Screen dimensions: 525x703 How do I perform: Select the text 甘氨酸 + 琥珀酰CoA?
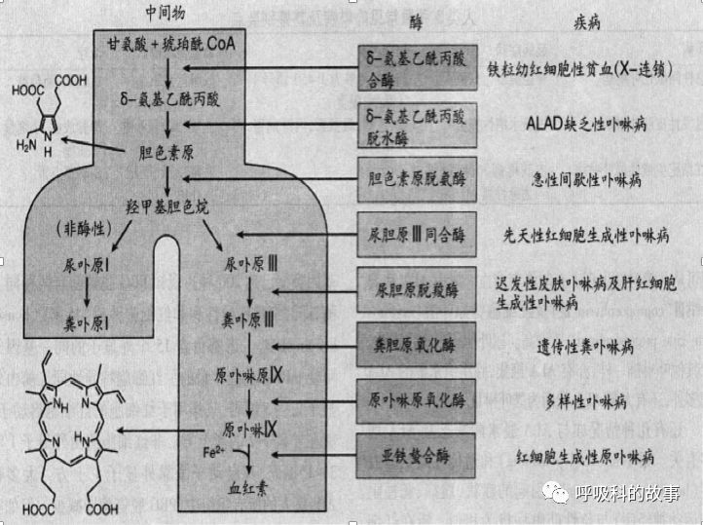(171, 45)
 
